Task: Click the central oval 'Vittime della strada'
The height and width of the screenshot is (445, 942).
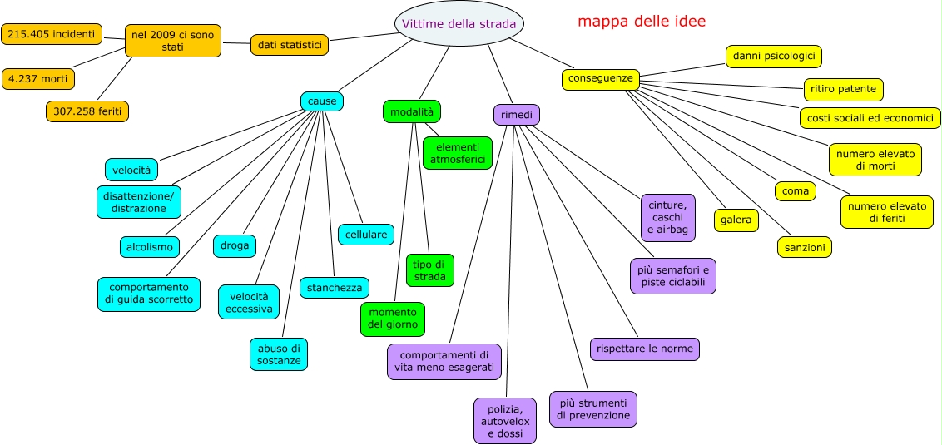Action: click(459, 23)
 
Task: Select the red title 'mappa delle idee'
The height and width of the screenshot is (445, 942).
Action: click(642, 22)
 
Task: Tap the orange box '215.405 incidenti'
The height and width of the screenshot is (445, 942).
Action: click(52, 34)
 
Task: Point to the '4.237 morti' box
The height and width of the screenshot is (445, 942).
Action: click(38, 79)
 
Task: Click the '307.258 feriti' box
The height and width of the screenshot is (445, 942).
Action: click(87, 111)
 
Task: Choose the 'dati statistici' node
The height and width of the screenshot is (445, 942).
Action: click(289, 45)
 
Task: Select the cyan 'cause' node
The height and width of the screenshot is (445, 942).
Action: click(322, 101)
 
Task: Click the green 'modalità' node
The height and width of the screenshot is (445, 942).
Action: click(412, 111)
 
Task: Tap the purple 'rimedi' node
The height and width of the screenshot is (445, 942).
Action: click(517, 115)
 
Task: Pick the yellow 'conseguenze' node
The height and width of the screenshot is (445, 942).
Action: click(601, 79)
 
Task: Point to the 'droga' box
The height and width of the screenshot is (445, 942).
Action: click(235, 245)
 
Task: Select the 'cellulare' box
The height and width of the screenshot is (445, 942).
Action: click(365, 235)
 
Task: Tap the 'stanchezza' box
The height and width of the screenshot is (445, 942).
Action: click(335, 288)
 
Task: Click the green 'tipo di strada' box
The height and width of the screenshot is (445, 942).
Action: click(430, 270)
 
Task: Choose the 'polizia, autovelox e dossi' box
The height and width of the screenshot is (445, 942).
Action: click(505, 421)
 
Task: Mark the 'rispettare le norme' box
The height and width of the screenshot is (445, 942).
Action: click(645, 349)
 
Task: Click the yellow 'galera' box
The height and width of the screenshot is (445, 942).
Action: click(736, 220)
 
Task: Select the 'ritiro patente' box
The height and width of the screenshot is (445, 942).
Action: click(844, 89)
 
